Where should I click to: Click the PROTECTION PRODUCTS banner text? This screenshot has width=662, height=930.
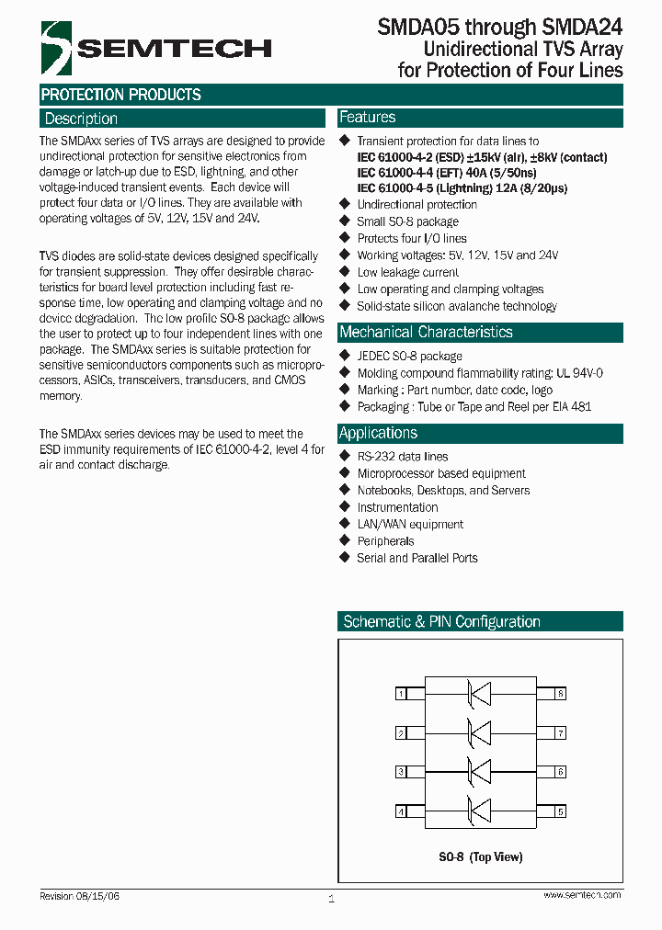(x=120, y=95)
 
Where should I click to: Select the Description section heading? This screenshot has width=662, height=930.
(x=82, y=119)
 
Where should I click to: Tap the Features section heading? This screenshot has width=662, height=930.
(x=368, y=118)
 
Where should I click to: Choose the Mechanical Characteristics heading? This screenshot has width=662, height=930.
(x=426, y=332)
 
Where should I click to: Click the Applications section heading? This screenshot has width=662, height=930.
(x=378, y=433)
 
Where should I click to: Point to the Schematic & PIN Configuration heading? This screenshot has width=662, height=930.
(x=441, y=622)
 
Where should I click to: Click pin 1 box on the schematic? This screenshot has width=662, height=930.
(x=401, y=694)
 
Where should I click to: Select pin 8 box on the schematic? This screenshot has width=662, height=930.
(x=560, y=694)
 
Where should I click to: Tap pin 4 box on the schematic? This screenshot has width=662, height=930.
(x=401, y=811)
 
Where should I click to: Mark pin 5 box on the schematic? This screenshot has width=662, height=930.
(x=560, y=811)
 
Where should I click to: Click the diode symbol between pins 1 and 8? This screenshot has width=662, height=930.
(x=479, y=694)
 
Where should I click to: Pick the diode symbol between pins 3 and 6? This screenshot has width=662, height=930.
(x=479, y=772)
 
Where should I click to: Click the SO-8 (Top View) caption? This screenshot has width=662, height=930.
(x=480, y=856)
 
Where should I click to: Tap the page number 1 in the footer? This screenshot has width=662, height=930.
(x=331, y=899)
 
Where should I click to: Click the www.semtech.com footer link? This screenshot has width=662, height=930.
(x=582, y=895)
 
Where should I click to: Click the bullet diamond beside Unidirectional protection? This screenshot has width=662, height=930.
(x=346, y=204)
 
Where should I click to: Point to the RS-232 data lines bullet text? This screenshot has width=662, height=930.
(x=403, y=457)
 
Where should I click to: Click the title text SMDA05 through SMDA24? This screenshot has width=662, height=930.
(x=499, y=28)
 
